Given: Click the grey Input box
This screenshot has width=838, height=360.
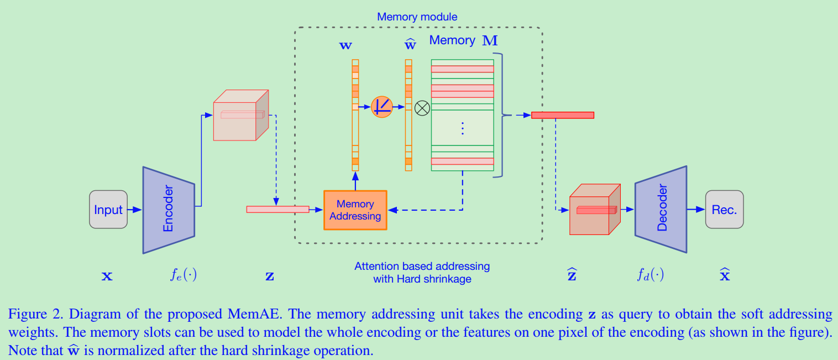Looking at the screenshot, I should [108, 210].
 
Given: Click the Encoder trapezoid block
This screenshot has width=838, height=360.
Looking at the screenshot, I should [169, 210].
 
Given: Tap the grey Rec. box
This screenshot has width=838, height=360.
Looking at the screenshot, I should [724, 210].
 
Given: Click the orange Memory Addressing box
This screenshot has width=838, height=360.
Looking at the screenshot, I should [355, 210].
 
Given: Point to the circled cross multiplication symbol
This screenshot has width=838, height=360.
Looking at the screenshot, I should [422, 107].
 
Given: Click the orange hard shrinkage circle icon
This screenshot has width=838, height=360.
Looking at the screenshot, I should [381, 107].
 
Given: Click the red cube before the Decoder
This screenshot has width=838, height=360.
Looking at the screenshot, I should [595, 210].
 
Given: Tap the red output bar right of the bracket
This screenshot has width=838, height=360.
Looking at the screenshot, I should [562, 115].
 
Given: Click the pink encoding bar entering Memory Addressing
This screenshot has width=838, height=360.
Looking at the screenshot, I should [277, 209].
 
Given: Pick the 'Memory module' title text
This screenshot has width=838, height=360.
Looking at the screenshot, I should [417, 17].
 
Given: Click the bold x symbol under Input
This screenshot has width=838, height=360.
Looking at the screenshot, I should [107, 275].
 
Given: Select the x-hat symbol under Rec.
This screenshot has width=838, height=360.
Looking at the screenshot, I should [725, 274].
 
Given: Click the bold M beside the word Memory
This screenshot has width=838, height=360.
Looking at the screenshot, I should [490, 41].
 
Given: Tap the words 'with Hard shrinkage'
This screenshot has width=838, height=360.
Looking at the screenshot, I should [422, 279].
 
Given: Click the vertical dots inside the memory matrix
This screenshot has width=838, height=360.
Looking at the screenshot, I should [463, 128].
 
